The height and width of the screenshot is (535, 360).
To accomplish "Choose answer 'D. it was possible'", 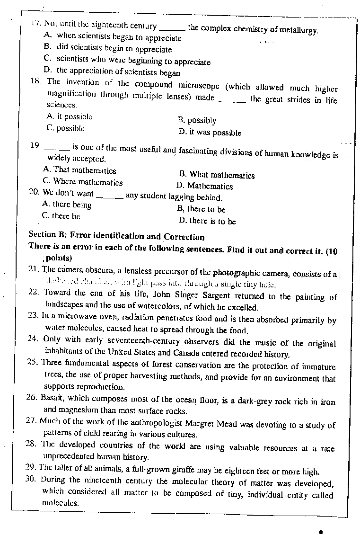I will (x=210, y=133).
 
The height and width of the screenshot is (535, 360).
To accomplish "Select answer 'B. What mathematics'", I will (x=217, y=175).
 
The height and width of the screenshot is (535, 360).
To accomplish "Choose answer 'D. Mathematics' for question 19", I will (x=205, y=186).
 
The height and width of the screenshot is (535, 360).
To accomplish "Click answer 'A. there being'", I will (x=67, y=205).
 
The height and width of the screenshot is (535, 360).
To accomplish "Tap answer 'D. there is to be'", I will (x=207, y=221).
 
